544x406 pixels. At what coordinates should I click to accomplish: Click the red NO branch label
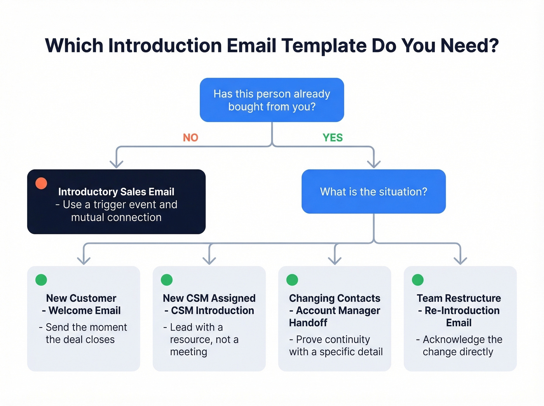pos(190,138)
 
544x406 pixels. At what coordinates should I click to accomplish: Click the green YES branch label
pos(333,138)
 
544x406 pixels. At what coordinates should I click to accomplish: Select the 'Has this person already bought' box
pos(272,100)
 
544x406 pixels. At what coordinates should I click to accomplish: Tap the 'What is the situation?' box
pos(373,192)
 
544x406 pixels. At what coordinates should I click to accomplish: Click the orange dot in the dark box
pos(41,183)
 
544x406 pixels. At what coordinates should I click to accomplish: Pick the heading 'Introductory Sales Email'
pos(116,192)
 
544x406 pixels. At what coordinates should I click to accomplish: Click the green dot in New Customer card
pos(41,280)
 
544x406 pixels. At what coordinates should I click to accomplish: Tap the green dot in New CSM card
pos(167,280)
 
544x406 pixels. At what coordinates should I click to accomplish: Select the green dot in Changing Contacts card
pos(292,280)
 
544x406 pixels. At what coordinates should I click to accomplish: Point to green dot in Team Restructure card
pos(418,280)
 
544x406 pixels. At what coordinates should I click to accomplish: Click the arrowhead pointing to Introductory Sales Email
pos(116,164)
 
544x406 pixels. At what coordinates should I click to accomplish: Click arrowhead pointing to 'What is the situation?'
pos(373,164)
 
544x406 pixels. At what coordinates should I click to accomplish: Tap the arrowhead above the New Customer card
pos(84,260)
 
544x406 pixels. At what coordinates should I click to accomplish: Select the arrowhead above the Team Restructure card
pos(460,260)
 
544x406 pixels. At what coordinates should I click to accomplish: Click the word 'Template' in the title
pos(323,46)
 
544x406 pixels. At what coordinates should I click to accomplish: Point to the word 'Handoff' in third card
pos(308,323)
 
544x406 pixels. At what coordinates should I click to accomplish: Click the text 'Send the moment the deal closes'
pos(83,333)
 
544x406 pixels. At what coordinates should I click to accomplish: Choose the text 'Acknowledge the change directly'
pos(459,345)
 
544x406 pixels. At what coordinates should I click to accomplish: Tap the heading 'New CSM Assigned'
pos(209,298)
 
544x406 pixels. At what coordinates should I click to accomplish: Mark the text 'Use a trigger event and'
pos(116,204)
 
